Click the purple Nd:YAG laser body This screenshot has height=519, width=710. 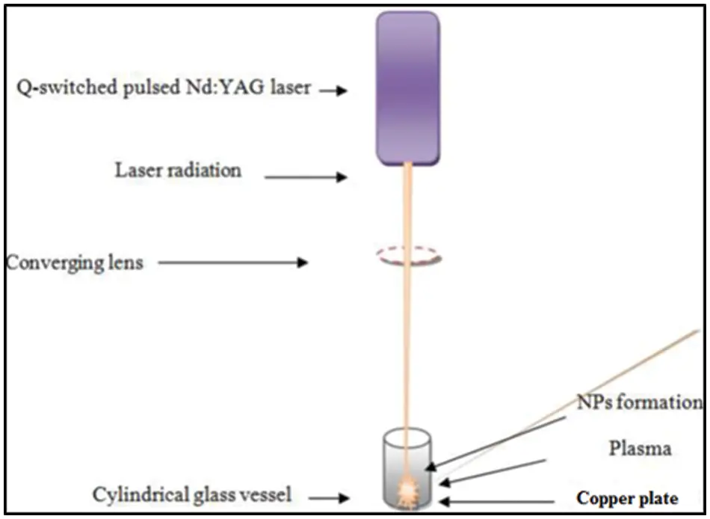click(407, 87)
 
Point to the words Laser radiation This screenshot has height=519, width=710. click(178, 171)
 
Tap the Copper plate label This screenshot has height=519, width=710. click(627, 499)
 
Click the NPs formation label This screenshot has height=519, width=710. click(639, 403)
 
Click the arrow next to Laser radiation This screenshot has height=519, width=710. click(306, 177)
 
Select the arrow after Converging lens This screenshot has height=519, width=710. click(232, 262)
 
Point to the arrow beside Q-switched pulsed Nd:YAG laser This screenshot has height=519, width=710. click(333, 90)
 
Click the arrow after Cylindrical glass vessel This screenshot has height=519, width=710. click(328, 496)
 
